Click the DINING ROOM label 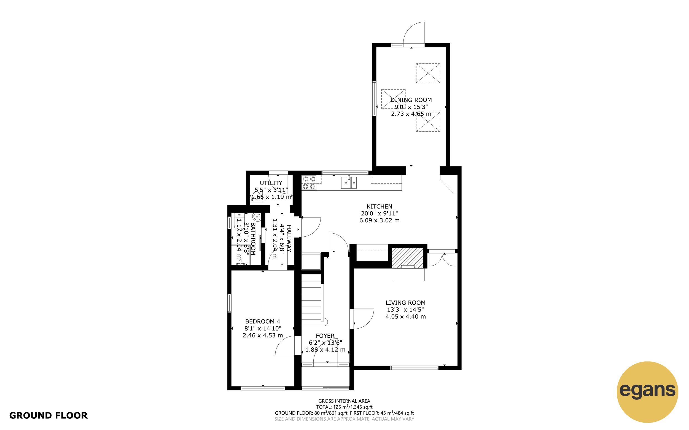(x=411, y=100)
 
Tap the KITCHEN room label (x=379, y=207)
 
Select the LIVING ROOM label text (x=405, y=302)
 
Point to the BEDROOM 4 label (x=263, y=321)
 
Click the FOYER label (x=325, y=336)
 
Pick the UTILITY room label (x=271, y=183)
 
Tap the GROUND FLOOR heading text (x=48, y=415)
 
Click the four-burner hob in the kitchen (x=309, y=183)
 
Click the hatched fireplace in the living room (x=408, y=258)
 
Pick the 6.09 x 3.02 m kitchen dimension (x=379, y=220)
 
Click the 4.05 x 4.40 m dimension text (x=405, y=317)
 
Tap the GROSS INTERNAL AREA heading (x=344, y=401)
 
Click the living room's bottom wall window (x=414, y=368)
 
